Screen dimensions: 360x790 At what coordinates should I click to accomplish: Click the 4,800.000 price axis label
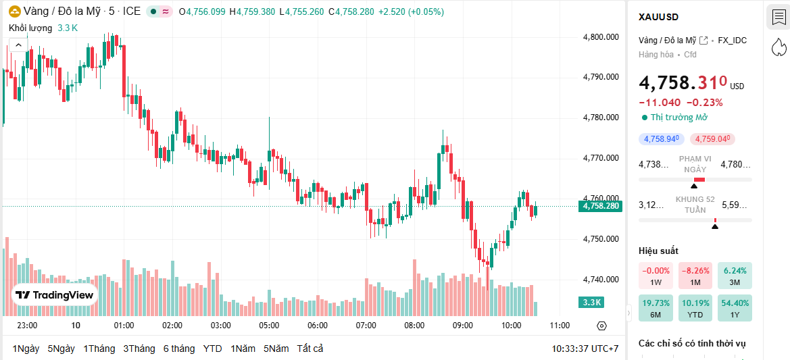(x=601, y=37)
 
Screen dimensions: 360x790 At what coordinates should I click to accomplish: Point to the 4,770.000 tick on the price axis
(x=601, y=158)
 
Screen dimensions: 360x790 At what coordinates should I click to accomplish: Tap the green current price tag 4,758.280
(x=599, y=206)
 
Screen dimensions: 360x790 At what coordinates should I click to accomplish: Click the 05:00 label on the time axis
(x=269, y=326)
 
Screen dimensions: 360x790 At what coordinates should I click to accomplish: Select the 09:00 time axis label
(x=463, y=326)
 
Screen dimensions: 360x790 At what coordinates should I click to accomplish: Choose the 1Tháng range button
(x=99, y=349)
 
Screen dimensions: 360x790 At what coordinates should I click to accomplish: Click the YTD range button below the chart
(x=213, y=349)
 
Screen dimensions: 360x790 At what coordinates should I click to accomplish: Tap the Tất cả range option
(x=310, y=349)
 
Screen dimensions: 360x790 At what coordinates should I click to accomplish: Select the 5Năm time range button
(x=276, y=349)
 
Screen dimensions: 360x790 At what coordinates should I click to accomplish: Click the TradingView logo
(x=55, y=294)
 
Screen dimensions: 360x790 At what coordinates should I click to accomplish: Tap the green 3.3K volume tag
(x=592, y=302)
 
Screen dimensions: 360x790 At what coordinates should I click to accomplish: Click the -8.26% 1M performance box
(x=694, y=276)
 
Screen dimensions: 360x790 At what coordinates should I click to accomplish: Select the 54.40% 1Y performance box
(x=735, y=308)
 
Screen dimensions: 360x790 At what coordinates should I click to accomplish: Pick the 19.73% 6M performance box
(x=656, y=308)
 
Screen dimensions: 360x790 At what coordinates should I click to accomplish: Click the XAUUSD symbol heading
(x=658, y=17)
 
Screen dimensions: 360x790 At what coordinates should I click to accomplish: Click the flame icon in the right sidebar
(x=779, y=47)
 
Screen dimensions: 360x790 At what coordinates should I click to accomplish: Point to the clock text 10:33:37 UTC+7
(x=585, y=349)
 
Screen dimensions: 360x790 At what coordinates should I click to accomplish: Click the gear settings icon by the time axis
(x=602, y=326)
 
